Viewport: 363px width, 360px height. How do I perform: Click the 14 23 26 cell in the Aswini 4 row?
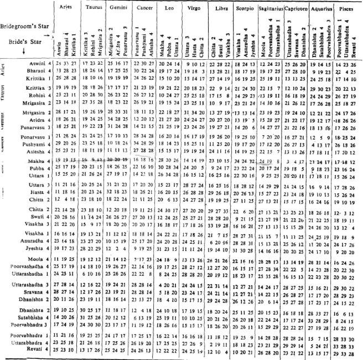point(345,65)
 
